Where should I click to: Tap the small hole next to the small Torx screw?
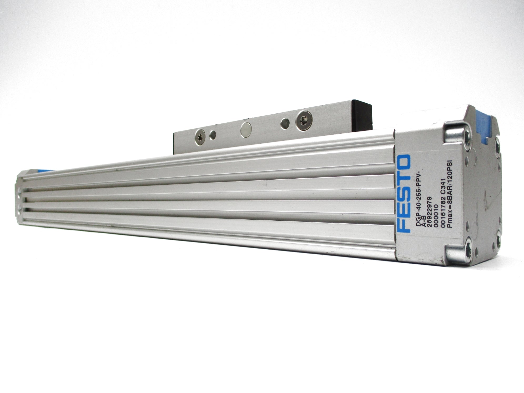[x=213, y=135]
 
